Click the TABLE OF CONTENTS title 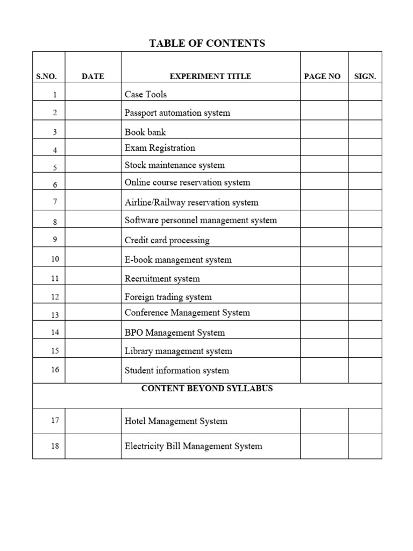[x=207, y=44]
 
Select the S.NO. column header [x=46, y=76]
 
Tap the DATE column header [x=92, y=76]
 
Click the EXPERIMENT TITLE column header [x=210, y=76]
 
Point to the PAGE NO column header [x=322, y=76]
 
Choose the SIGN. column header [x=365, y=76]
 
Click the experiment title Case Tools [x=146, y=94]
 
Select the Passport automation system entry [x=177, y=113]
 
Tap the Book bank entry [x=145, y=132]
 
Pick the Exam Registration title [x=160, y=148]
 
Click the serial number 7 [x=55, y=202]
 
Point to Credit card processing [x=167, y=240]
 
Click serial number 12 [x=55, y=296]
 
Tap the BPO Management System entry [x=175, y=333]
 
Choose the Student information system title [x=176, y=370]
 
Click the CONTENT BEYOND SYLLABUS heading [x=207, y=388]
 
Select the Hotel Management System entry [x=176, y=421]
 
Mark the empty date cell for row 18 [x=92, y=446]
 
